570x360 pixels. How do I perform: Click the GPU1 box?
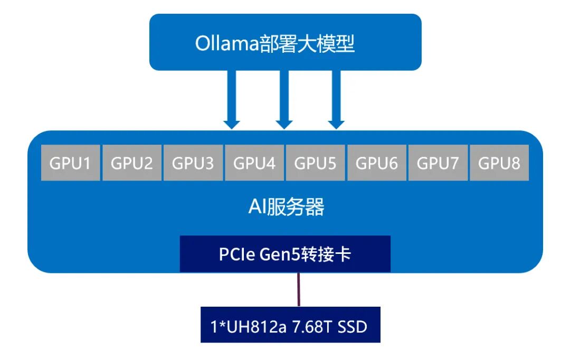coord(71,163)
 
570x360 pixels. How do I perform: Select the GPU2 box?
coord(132,163)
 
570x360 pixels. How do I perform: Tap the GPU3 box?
coord(193,163)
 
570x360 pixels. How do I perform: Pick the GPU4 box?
coord(254,163)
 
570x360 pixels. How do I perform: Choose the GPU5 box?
coord(316,163)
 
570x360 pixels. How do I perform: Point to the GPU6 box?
coord(377,163)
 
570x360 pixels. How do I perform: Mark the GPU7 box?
coord(438,163)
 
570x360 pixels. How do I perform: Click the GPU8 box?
coord(499,163)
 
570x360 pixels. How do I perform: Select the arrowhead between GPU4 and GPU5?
coord(284,125)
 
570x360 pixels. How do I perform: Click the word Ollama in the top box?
coord(226,43)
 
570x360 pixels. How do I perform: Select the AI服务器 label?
coord(286,207)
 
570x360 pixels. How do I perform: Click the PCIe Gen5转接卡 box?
coord(285,254)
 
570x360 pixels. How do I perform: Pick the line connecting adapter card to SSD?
coord(299,289)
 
